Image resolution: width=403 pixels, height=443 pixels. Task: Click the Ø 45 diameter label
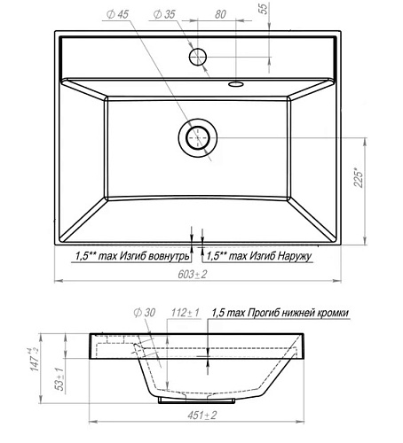(117, 14)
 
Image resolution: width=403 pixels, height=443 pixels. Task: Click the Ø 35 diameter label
(164, 14)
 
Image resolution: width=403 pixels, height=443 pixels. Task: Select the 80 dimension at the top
(220, 14)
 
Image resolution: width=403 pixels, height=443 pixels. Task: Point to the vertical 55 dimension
(263, 8)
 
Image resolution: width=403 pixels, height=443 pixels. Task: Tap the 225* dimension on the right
(359, 178)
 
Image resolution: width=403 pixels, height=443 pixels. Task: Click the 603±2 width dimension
(193, 275)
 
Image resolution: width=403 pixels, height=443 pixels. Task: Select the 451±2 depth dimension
(202, 416)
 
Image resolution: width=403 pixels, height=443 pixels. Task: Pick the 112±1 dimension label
(186, 313)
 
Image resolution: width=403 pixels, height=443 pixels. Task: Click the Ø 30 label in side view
(145, 313)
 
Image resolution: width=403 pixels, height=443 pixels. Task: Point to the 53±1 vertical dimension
(60, 379)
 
